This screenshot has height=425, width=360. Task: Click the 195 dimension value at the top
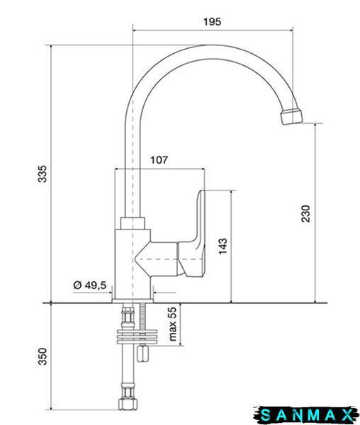click(213, 22)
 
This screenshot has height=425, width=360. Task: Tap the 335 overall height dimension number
click(43, 174)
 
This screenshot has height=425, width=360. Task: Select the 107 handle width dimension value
click(159, 160)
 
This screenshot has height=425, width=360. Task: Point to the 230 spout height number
click(305, 214)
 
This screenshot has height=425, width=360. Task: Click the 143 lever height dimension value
click(223, 246)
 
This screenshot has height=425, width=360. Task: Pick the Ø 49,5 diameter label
click(90, 285)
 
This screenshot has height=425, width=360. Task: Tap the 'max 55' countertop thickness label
click(172, 324)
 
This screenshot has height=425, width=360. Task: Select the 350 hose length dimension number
click(43, 357)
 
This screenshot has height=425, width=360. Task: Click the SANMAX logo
click(306, 415)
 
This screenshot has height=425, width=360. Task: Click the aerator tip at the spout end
click(291, 116)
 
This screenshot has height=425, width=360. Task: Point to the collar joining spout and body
click(132, 223)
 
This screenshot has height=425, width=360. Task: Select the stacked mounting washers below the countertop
click(137, 337)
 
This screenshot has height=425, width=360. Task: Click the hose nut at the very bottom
click(128, 404)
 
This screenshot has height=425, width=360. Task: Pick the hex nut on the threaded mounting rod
click(142, 353)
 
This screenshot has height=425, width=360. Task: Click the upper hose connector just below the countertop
click(128, 317)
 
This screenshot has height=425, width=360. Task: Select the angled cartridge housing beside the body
click(157, 259)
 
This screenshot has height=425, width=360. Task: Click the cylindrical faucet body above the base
click(133, 264)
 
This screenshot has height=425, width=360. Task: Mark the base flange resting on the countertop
click(133, 301)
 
